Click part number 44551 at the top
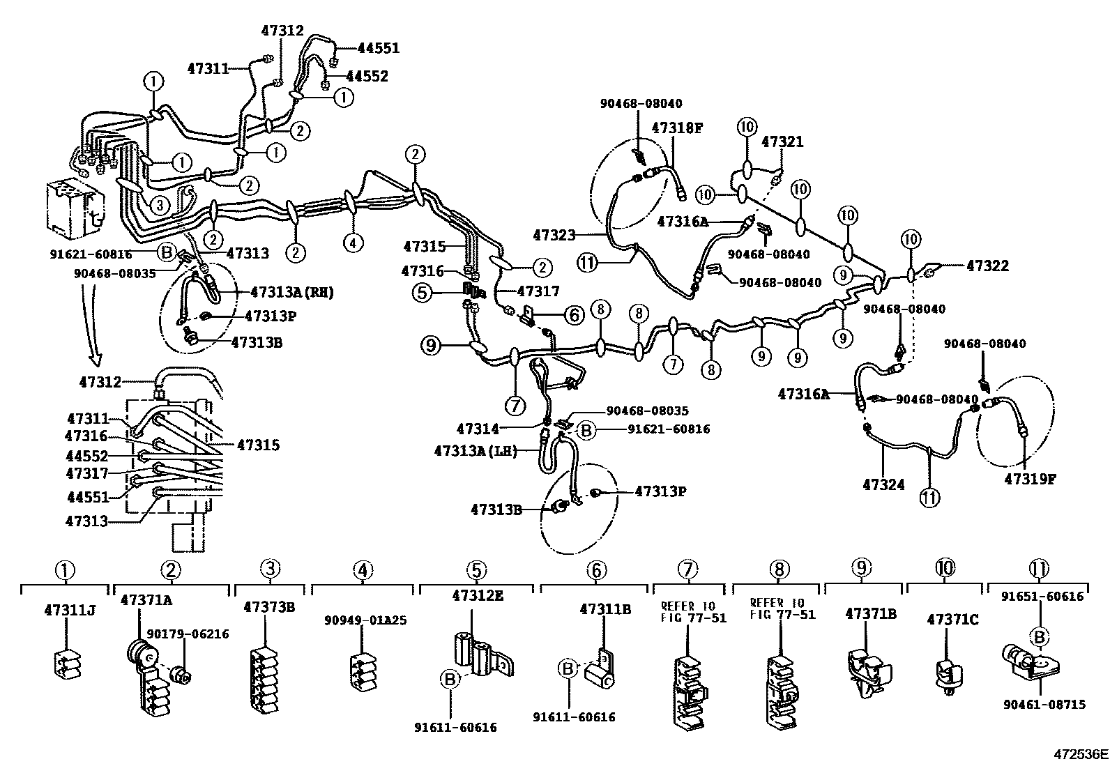point(379,48)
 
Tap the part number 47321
point(782,142)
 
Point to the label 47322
point(987,266)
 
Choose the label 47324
point(883,484)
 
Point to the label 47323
point(555,235)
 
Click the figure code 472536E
point(1080,754)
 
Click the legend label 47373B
point(269,606)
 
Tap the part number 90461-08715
point(1044,705)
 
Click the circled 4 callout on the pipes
point(353,243)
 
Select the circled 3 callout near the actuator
point(160,205)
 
